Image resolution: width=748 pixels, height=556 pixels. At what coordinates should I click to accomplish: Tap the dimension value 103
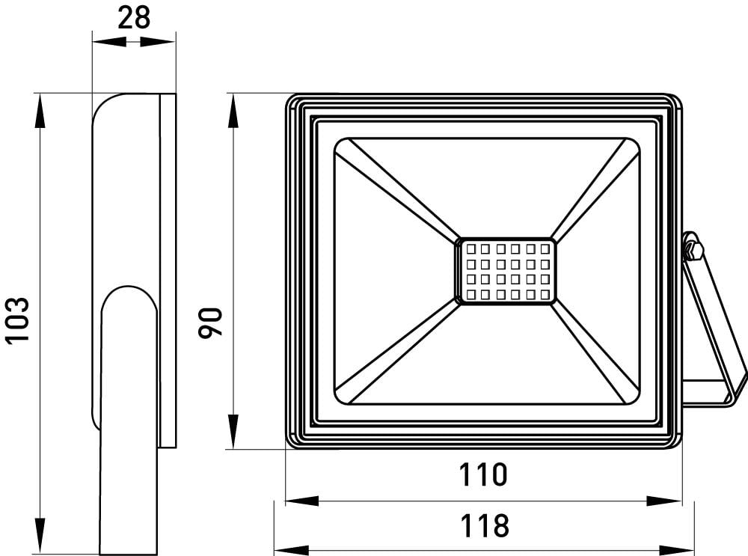coord(17,320)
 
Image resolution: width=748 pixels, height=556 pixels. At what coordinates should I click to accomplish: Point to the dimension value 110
coord(482,474)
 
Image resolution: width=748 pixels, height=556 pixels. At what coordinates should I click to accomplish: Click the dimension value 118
coord(482,525)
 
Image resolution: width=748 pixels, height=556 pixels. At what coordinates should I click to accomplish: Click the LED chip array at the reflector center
coord(506,272)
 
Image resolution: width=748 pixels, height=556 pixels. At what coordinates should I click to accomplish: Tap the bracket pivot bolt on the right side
coord(692,247)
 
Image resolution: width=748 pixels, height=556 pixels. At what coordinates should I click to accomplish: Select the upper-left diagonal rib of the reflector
coord(396,190)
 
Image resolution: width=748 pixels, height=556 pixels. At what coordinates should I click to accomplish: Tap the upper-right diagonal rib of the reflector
coord(595,190)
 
